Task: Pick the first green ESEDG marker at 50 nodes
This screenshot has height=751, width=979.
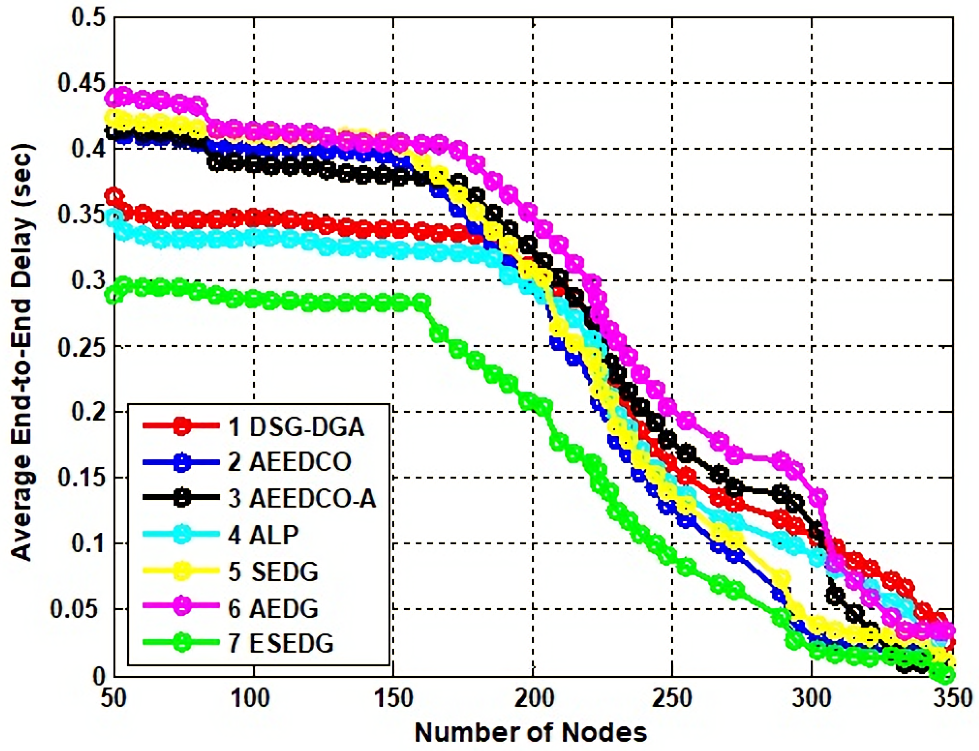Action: click(x=114, y=295)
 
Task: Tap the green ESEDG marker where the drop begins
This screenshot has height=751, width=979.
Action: click(x=421, y=301)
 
